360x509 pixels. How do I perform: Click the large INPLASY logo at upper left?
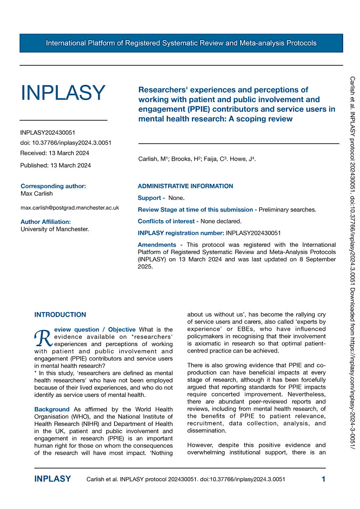point(63,93)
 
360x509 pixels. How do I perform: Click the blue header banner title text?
point(181,43)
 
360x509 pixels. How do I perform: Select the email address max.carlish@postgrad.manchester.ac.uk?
point(70,208)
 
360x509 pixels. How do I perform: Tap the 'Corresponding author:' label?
point(53,186)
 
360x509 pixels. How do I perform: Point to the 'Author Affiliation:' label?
point(45,222)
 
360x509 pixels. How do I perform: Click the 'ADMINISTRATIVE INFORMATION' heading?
point(185,186)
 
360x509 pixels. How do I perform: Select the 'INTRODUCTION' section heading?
point(60,315)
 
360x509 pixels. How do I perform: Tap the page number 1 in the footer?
point(324,479)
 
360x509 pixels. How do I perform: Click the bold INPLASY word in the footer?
point(53,479)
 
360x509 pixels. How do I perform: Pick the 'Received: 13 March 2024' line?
point(55,153)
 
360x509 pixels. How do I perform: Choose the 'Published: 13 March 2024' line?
point(55,165)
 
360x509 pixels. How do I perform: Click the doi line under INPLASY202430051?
point(66,143)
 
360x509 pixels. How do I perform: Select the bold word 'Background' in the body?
point(52,409)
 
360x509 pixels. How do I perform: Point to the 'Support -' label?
point(151,198)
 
